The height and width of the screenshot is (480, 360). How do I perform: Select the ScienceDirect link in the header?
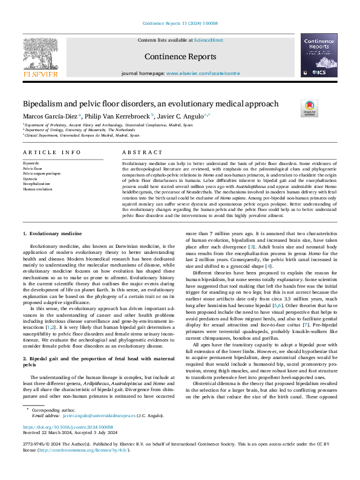pyautogui.click(x=208, y=39)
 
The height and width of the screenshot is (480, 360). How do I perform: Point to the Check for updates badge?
pyautogui.click(x=309, y=109)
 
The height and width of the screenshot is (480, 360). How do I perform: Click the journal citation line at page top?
pyautogui.click(x=180, y=24)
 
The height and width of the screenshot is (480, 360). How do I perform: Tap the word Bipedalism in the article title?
pyautogui.click(x=41, y=103)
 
